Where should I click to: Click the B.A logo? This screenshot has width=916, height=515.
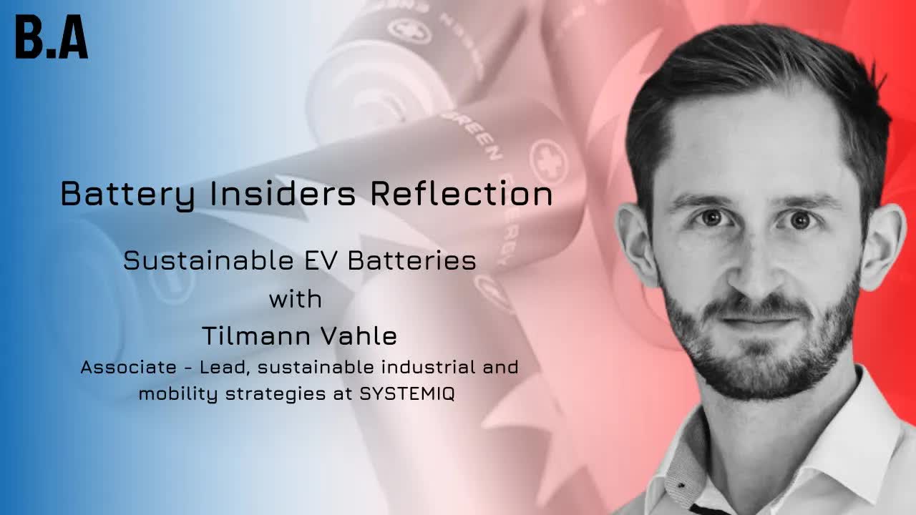[x=52, y=36]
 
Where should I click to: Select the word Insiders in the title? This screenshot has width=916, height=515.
[x=283, y=193]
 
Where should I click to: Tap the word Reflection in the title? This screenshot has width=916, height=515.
[x=462, y=193]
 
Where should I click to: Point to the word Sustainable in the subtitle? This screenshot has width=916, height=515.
[x=208, y=260]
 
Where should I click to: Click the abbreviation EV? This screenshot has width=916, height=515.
[x=321, y=260]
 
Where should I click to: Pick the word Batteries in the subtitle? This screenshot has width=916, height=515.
[x=412, y=260]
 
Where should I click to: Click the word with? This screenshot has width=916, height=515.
[x=296, y=299]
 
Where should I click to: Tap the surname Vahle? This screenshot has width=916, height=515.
[x=359, y=336]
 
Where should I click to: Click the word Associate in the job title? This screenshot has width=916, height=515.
[x=128, y=367]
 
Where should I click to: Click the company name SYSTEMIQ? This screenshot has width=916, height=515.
[x=407, y=394]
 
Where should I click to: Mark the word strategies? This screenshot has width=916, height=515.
[x=276, y=395]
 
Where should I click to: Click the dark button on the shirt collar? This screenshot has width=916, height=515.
[x=681, y=486]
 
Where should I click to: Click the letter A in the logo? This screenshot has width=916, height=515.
[x=73, y=36]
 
